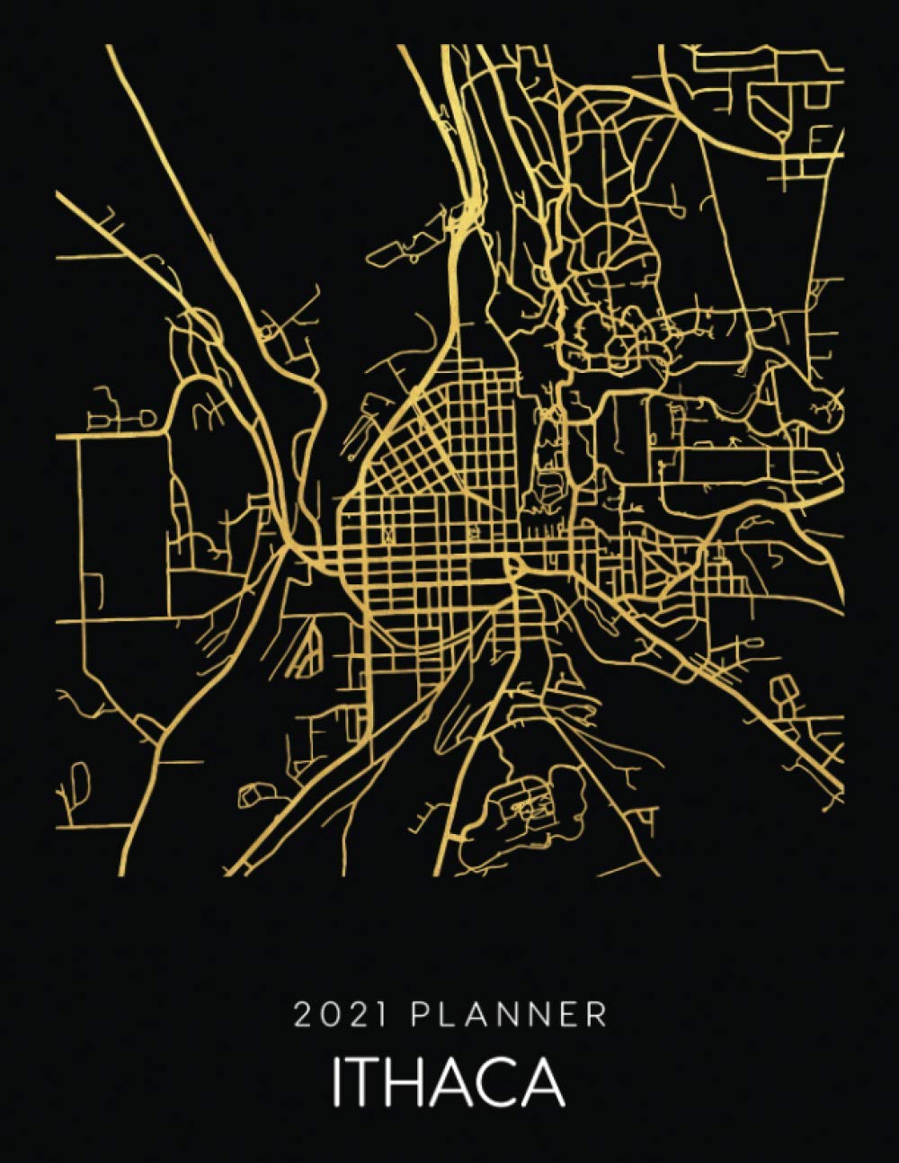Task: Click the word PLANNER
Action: click(509, 1016)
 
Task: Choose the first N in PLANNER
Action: click(508, 1016)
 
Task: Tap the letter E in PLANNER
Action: click(571, 1016)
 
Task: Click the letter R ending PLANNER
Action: click(598, 1016)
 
